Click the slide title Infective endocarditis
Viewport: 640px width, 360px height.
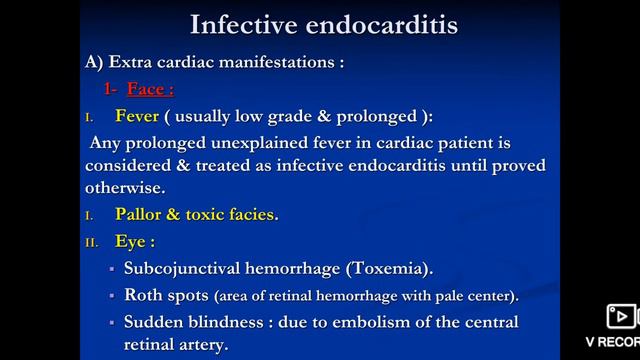[323, 23]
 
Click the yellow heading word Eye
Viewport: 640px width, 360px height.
[132, 241]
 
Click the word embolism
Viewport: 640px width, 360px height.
[368, 323]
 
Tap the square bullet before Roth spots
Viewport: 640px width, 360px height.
[113, 297]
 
